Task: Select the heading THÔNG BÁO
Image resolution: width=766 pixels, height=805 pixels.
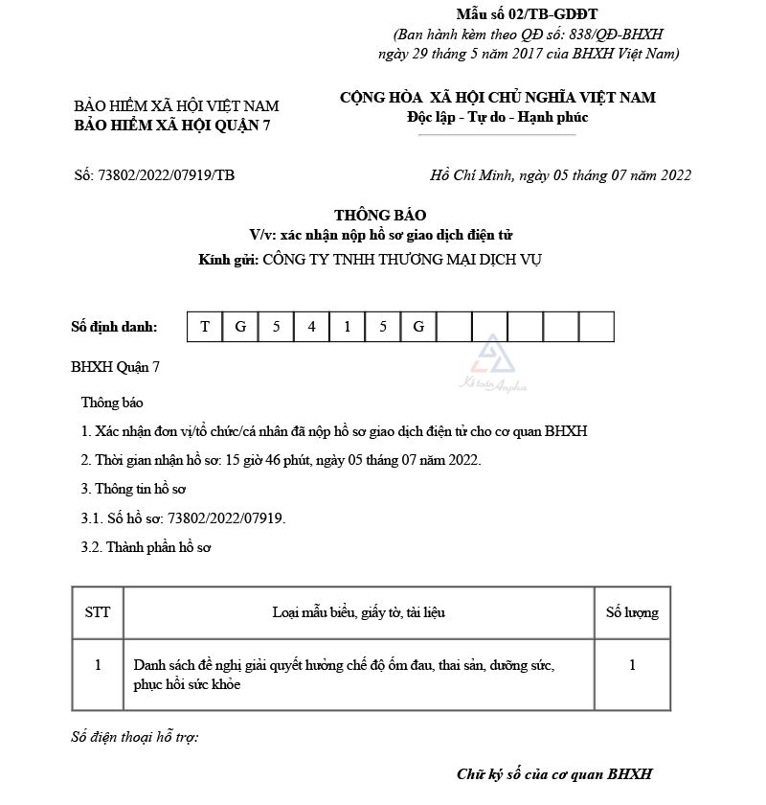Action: (380, 215)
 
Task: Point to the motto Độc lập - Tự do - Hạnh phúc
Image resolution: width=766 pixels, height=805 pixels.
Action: (497, 117)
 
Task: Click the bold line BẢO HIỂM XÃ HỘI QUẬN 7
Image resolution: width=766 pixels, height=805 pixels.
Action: (172, 126)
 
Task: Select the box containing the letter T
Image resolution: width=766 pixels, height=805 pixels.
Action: (205, 327)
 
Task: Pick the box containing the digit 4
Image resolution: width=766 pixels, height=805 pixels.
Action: (312, 327)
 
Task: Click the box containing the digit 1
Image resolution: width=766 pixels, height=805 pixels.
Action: (348, 327)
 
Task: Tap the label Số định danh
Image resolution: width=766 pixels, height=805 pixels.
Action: (114, 327)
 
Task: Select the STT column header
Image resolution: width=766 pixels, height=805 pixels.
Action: (98, 612)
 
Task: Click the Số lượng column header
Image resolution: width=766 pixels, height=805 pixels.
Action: (632, 612)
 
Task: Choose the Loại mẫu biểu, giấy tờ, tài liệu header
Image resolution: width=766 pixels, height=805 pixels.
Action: (358, 612)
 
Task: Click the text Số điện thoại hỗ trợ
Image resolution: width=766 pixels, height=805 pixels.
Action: (135, 738)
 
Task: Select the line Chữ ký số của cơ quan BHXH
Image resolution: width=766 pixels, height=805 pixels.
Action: (554, 774)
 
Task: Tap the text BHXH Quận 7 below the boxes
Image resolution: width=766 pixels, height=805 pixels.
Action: (116, 367)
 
